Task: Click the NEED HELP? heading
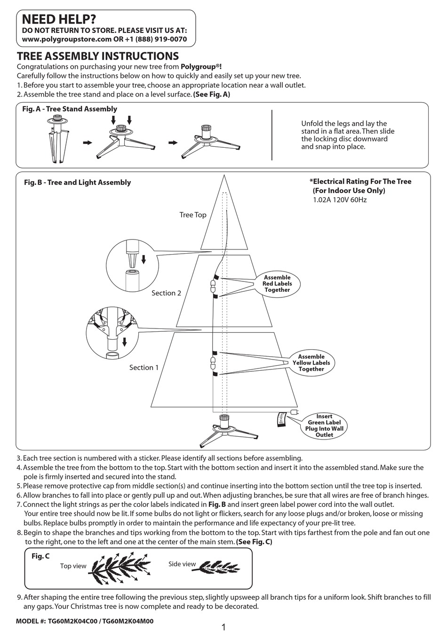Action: coord(59,19)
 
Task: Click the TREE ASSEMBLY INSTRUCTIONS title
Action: coord(97,56)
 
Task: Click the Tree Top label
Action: coord(192,215)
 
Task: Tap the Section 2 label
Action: coord(166,293)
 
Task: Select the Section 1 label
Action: coord(144,368)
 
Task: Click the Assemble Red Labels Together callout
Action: coord(277,284)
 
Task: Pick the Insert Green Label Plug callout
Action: coord(324,425)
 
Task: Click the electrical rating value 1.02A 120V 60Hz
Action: coord(340,200)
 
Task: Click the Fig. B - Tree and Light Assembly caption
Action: coord(77,183)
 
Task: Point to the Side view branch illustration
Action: coord(216,567)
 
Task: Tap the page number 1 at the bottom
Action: coord(223,628)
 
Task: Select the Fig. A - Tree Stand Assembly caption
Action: coord(70,109)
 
